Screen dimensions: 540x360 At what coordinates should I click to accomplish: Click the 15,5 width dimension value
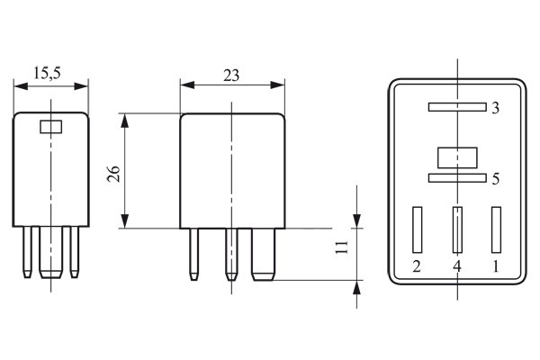point(47,73)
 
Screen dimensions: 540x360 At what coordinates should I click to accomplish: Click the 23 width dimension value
point(231,76)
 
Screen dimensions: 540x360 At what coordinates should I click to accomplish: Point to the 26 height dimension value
point(113,174)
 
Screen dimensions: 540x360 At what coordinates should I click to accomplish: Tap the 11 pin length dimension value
point(342,247)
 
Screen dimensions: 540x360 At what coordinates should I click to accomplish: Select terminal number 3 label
point(495,108)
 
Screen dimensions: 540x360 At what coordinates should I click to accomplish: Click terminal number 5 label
point(496,179)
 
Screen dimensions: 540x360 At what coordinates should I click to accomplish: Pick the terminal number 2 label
point(417,266)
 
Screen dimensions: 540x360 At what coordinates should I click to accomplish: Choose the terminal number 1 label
point(496,266)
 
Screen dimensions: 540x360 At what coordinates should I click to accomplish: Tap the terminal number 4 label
point(456,266)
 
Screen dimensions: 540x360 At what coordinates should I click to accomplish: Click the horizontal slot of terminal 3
point(457,107)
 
